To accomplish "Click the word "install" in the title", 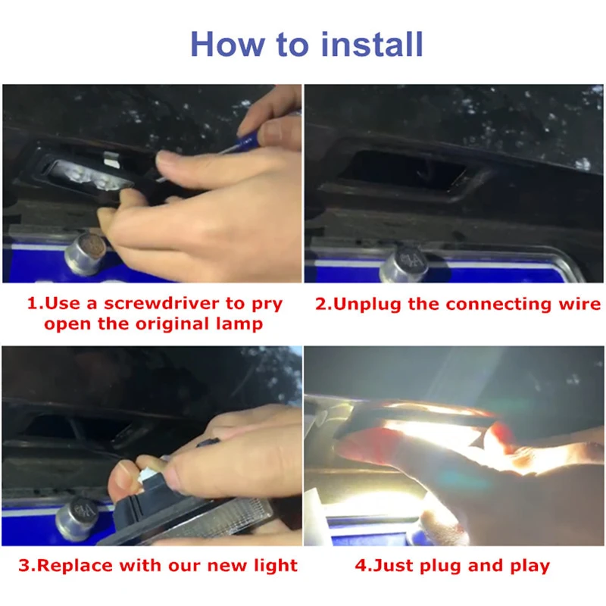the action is point(372,44).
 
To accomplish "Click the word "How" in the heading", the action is point(228,44).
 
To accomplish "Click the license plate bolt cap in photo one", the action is point(86,253).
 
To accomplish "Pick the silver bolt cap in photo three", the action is point(77,518).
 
